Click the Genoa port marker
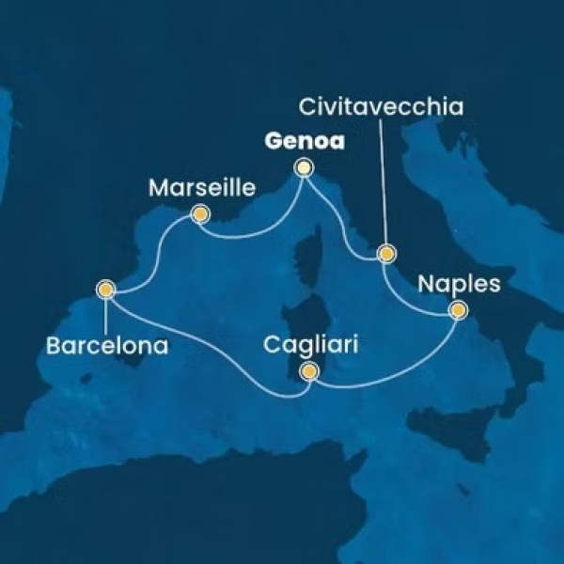click(303, 168)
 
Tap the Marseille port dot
click(199, 215)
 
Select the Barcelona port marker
click(105, 290)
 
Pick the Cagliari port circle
click(307, 374)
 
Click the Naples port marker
click(458, 309)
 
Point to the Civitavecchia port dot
click(384, 254)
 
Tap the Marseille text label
click(202, 189)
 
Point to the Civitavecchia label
click(380, 107)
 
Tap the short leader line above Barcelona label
click(105, 315)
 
